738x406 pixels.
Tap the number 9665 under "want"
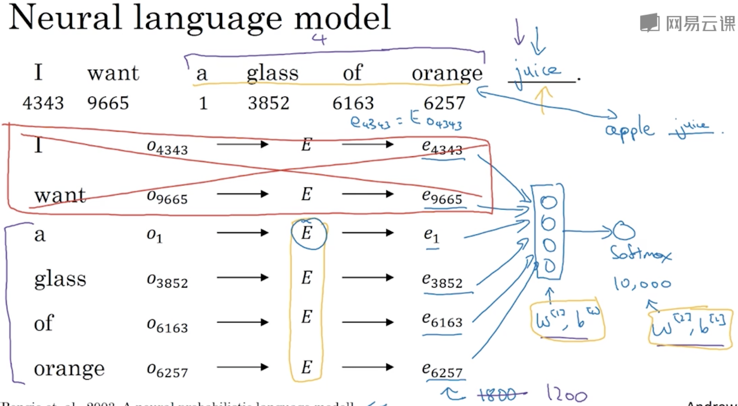(x=108, y=103)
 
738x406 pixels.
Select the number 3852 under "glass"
(x=269, y=103)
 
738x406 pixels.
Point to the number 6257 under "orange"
(x=444, y=103)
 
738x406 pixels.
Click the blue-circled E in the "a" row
(x=307, y=233)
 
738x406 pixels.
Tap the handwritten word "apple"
(x=629, y=130)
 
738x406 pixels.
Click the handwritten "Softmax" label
(x=641, y=253)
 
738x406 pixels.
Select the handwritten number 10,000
(x=642, y=284)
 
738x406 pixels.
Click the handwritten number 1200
(x=567, y=394)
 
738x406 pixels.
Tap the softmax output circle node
(x=624, y=230)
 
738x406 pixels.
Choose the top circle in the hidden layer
(x=548, y=202)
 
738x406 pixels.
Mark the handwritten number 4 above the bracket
(x=319, y=39)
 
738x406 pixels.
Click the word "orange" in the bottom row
(x=69, y=369)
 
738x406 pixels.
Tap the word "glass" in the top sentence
(x=273, y=73)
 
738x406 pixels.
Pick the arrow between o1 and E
(x=242, y=233)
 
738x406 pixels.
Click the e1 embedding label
(x=431, y=235)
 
